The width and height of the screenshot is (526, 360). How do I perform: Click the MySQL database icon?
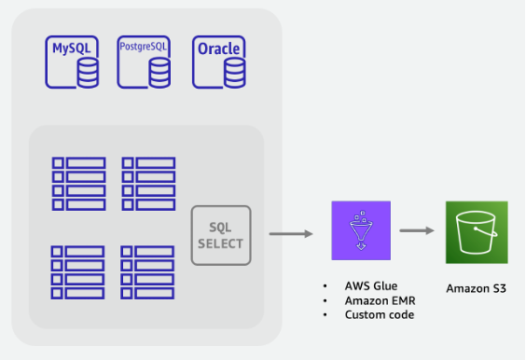coord(73,62)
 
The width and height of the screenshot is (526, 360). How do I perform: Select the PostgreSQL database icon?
coord(145,61)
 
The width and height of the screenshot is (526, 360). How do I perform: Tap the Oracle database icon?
coord(219,62)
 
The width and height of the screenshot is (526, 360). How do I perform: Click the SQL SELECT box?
coord(221,236)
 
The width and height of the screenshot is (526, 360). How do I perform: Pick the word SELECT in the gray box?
coord(221,244)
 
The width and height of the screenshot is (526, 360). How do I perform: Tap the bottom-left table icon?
coord(78,272)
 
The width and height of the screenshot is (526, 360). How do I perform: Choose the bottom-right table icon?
coord(148,272)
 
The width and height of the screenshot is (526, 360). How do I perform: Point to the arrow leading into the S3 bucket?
coord(420,230)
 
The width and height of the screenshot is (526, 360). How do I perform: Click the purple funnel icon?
coord(358,230)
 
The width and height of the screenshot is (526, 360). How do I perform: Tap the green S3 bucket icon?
coord(475,230)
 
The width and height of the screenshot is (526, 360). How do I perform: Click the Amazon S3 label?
coord(476,288)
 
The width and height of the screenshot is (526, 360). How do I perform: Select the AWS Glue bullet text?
coord(371,285)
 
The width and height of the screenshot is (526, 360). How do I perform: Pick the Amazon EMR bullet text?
coord(380,300)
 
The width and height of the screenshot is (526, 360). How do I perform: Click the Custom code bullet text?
coord(380,315)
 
